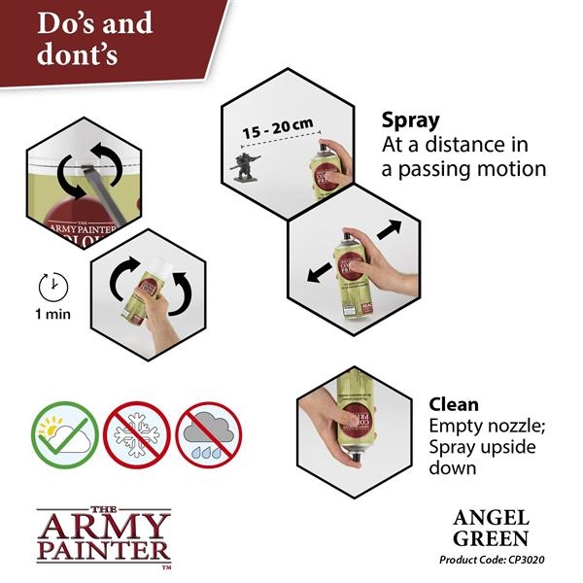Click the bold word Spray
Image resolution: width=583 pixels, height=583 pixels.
click(x=410, y=120)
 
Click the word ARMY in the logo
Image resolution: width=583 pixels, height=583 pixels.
click(x=103, y=526)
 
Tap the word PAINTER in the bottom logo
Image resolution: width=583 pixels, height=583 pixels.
click(x=103, y=551)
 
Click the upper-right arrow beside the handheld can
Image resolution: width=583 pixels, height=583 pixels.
click(x=388, y=232)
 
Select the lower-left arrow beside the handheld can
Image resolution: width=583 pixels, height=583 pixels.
click(x=318, y=273)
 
